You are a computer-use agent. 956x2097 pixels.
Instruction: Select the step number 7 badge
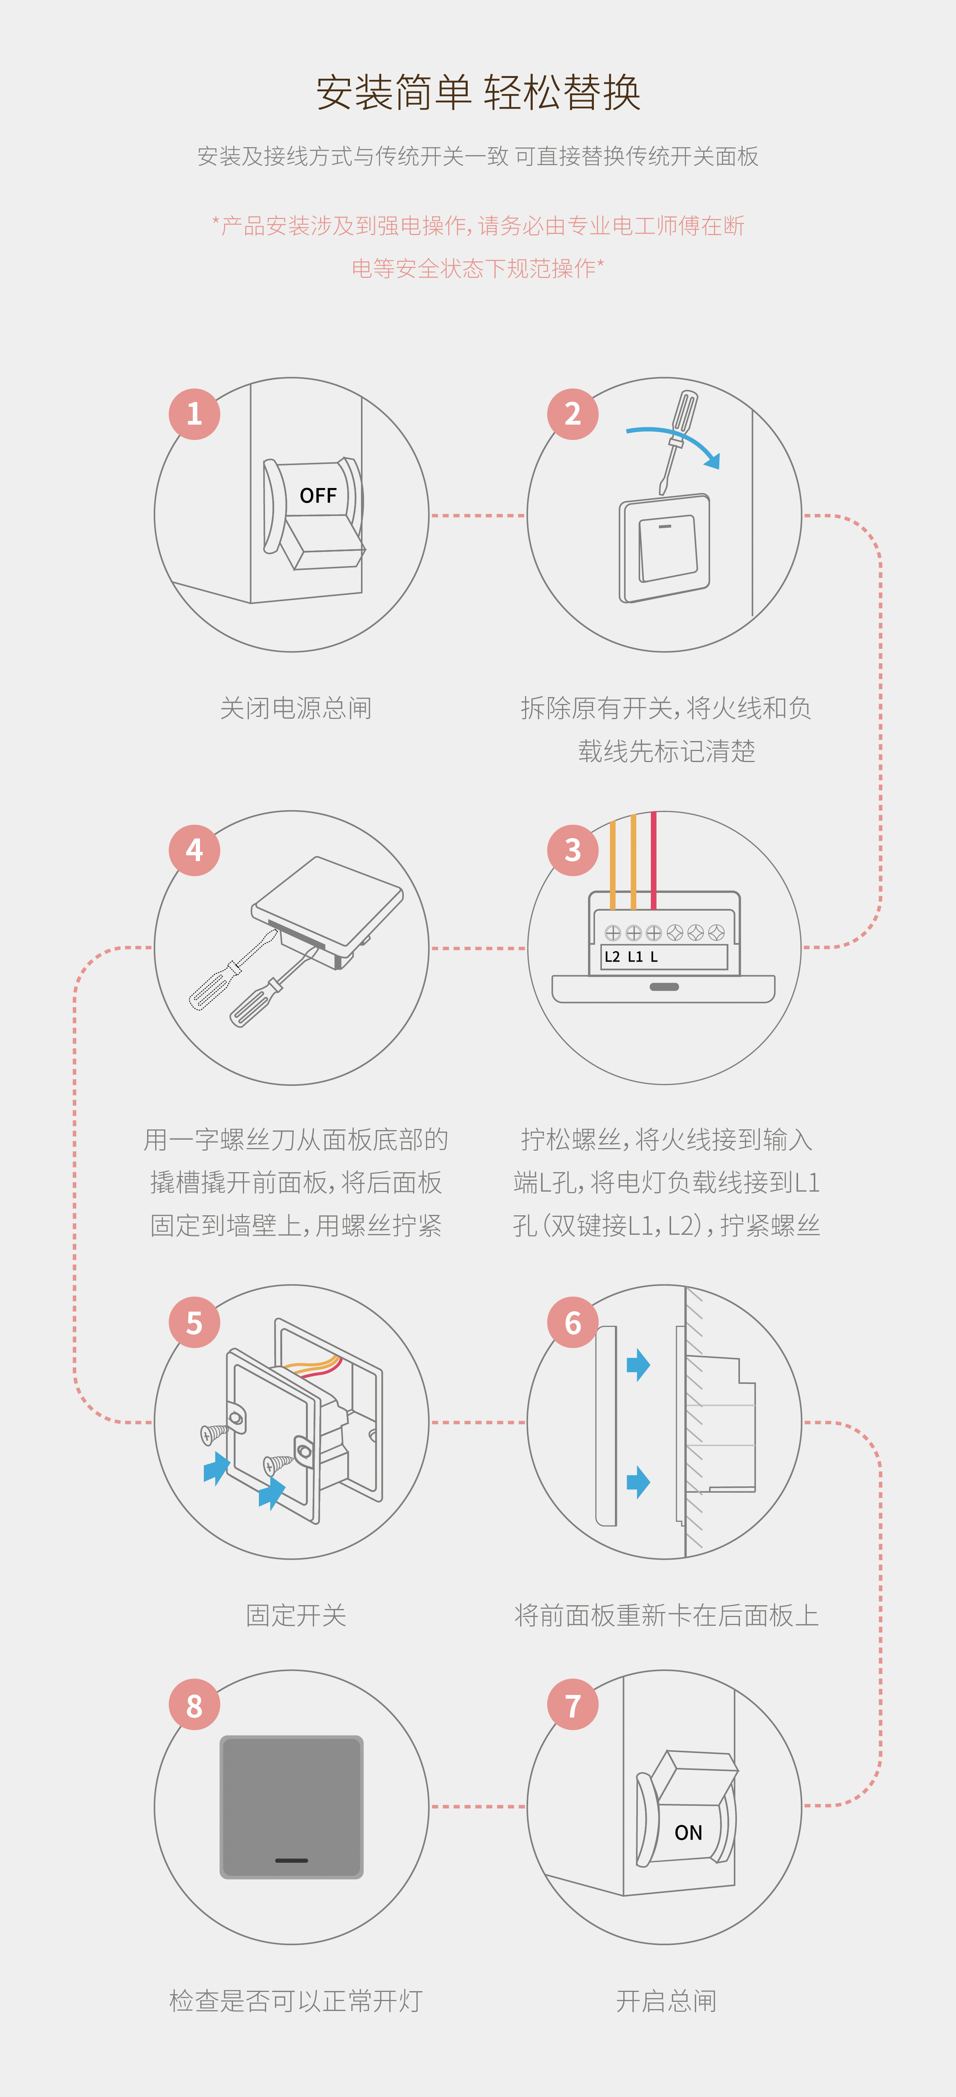(572, 1705)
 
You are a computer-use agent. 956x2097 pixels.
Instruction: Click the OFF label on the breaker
(317, 496)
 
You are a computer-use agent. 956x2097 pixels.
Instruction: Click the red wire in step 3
(653, 859)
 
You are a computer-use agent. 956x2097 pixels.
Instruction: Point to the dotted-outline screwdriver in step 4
(232, 970)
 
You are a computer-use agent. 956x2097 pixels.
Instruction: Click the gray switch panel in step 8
(291, 1791)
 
